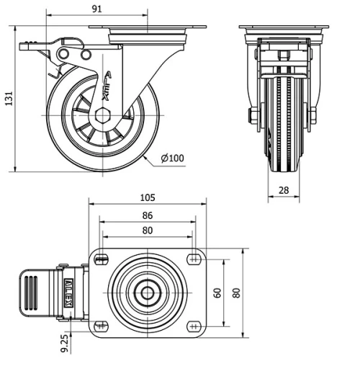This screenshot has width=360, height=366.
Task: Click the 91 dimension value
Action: [x=97, y=9]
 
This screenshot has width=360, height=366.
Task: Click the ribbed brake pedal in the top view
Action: [x=32, y=293]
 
